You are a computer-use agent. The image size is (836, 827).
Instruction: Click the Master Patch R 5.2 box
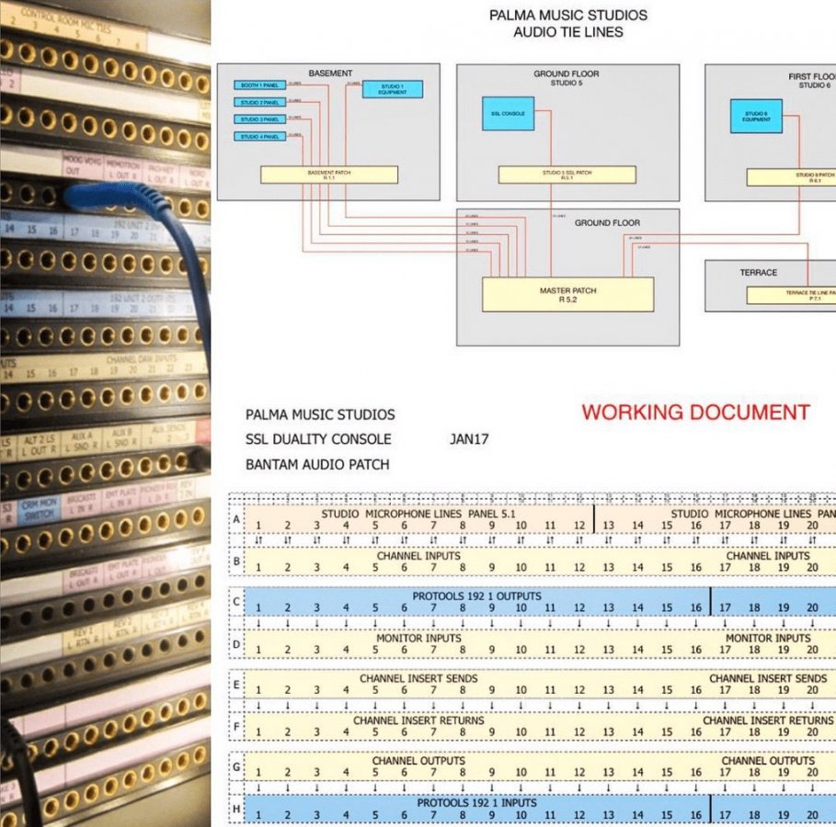tap(567, 294)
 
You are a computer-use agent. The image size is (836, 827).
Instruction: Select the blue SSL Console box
tap(508, 113)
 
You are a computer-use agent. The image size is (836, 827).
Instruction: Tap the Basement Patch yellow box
tap(329, 174)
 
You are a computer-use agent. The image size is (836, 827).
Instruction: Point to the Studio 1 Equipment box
tap(393, 89)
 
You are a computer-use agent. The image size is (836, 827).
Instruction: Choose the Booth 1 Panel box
tap(260, 85)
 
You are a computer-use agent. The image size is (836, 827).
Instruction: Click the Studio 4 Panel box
tap(260, 137)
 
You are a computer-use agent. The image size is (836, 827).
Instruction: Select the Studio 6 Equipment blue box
tap(756, 116)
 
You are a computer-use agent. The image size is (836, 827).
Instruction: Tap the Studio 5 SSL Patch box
tap(567, 174)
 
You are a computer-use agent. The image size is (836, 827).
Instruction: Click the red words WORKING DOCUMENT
tap(695, 413)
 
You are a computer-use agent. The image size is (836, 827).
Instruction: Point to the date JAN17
tap(469, 439)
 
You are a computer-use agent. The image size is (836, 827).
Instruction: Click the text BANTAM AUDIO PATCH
tap(317, 464)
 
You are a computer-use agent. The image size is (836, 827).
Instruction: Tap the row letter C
tap(236, 603)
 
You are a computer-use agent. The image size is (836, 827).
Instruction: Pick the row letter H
tap(236, 809)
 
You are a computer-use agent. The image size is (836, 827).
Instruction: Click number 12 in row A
tap(579, 526)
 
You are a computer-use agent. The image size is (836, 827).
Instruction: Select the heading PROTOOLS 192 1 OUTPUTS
tap(476, 596)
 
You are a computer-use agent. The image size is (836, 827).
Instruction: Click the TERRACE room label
tap(758, 273)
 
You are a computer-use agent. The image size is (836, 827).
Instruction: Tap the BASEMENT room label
tap(329, 74)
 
